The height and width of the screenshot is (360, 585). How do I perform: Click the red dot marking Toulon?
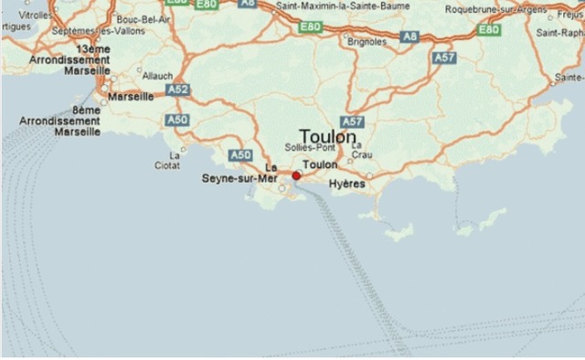[x=296, y=175]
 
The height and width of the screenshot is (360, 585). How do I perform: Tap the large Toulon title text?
[x=327, y=136]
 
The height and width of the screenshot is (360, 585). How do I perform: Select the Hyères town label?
[x=346, y=184]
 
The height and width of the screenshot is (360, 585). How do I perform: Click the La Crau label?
[x=361, y=150]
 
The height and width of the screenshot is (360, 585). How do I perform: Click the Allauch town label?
[x=157, y=77]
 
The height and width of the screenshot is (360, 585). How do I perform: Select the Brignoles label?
[x=367, y=41]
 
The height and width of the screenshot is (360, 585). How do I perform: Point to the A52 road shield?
[x=178, y=90]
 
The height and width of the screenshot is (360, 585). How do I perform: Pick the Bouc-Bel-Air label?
[x=138, y=18]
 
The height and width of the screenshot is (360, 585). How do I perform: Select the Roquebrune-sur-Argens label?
[x=514, y=8]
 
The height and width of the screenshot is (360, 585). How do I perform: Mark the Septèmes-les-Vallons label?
[x=87, y=31]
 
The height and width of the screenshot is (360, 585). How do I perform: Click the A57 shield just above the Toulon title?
[x=352, y=121]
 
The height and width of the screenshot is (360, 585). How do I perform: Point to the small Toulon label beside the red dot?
[x=320, y=165]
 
